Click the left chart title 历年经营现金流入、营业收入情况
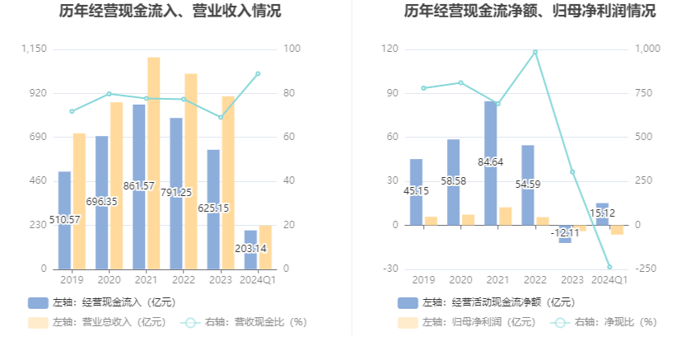point(170,12)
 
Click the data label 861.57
point(139,186)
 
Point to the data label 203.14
point(250,248)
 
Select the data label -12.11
point(565,232)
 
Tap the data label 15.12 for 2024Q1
point(603,213)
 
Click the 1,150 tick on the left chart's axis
point(34,49)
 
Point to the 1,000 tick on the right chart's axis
point(648,49)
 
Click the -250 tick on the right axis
point(646,269)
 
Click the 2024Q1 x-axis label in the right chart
point(610,280)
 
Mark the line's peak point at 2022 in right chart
point(535,52)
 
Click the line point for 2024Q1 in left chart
point(258,73)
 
